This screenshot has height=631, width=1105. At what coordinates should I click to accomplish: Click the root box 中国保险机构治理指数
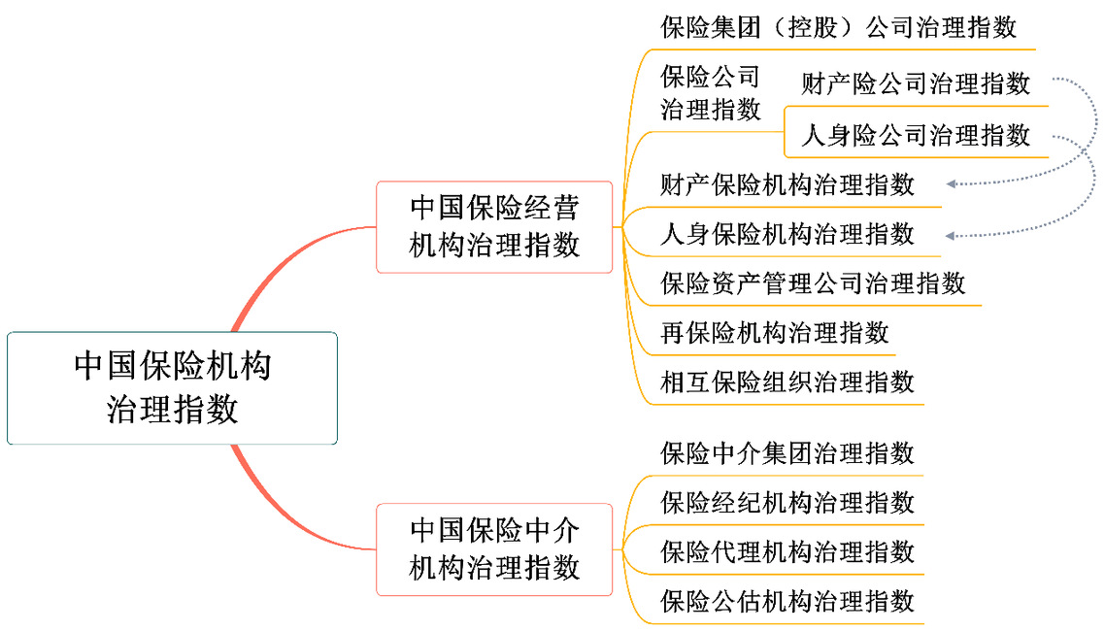[172, 388]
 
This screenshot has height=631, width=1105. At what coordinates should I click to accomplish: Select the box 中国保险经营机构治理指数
[494, 227]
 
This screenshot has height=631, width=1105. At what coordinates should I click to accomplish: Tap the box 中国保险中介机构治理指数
[494, 549]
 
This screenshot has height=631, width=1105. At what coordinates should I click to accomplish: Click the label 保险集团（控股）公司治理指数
[839, 27]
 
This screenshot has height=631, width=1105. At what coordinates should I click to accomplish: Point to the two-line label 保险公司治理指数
[711, 93]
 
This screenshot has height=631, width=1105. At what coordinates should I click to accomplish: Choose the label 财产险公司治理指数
[916, 83]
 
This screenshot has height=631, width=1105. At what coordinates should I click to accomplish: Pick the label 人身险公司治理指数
[916, 135]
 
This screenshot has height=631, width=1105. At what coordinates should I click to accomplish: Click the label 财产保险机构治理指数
[787, 184]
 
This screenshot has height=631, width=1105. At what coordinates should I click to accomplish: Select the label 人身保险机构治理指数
[787, 234]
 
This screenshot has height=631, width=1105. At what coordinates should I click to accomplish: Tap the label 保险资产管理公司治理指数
[813, 283]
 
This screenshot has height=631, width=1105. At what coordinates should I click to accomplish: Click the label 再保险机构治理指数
[775, 332]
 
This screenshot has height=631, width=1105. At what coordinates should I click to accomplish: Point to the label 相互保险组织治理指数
[787, 382]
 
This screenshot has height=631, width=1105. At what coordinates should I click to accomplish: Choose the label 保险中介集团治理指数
[787, 452]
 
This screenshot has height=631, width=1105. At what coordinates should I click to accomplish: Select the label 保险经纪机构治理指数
[787, 502]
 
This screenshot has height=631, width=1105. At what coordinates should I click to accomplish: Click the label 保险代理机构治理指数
[787, 551]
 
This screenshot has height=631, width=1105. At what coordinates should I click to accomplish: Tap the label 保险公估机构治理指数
[787, 601]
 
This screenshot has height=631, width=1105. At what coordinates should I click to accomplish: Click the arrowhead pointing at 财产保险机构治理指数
[951, 183]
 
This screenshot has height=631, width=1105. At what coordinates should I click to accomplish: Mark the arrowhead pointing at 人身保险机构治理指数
[951, 236]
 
